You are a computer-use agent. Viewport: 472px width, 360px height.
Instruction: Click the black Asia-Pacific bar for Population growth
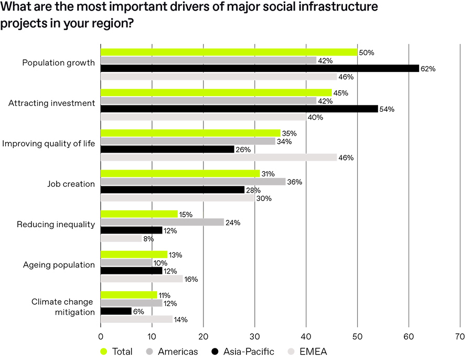point(260,68)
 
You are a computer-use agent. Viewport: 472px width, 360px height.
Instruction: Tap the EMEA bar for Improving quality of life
point(219,157)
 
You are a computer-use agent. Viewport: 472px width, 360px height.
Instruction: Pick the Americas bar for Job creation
point(193,182)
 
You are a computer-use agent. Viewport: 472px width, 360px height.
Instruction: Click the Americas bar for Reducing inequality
point(162,222)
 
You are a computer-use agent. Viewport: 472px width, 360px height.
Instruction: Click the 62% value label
point(429,69)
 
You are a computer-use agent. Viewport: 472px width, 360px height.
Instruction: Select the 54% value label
point(388,109)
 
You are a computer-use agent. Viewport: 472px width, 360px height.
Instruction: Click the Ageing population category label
point(59,265)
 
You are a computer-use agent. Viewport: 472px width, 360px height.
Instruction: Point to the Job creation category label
point(71,184)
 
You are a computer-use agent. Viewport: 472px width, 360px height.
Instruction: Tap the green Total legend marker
point(104,352)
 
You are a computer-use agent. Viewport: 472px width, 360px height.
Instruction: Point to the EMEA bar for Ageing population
point(142,279)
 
